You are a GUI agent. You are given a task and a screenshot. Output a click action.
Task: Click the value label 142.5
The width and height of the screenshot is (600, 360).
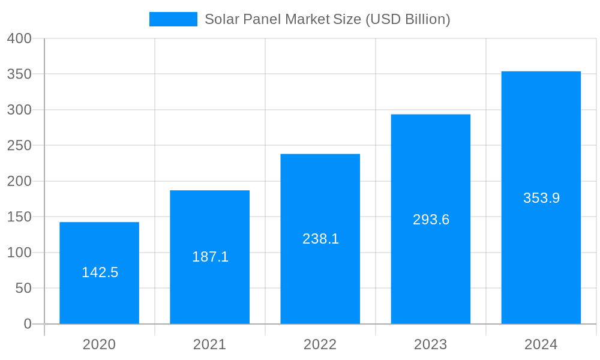[x=100, y=272]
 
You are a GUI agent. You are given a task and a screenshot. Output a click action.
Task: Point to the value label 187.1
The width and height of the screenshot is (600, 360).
[x=210, y=257]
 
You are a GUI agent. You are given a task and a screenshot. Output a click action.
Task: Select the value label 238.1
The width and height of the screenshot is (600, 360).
[x=320, y=239]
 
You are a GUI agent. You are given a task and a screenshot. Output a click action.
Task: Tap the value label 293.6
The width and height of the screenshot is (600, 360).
[x=431, y=220]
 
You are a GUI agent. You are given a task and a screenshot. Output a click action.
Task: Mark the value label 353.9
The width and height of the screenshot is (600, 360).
[x=541, y=198]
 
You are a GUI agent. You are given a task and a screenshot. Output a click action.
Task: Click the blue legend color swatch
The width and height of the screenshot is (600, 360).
[x=173, y=19]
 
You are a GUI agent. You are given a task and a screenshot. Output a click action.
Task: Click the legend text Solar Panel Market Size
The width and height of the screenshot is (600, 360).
[x=328, y=19]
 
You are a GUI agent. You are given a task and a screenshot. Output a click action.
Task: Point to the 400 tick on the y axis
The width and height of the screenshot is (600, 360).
[x=19, y=38]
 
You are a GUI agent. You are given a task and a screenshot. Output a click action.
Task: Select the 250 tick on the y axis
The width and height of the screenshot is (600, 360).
[x=19, y=146]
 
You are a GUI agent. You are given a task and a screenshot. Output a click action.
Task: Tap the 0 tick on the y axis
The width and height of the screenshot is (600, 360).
[x=28, y=324]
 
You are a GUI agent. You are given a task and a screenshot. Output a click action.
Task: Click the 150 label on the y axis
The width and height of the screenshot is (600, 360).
[x=19, y=217]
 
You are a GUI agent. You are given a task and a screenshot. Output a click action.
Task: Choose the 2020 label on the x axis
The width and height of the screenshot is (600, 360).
[x=100, y=344]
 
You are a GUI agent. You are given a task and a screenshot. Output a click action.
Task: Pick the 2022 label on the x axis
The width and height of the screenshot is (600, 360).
[x=320, y=344]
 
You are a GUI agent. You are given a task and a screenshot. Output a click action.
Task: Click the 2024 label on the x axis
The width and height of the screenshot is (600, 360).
[x=541, y=344]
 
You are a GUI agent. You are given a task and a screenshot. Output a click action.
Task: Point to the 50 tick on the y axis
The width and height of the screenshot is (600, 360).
[x=23, y=288]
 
